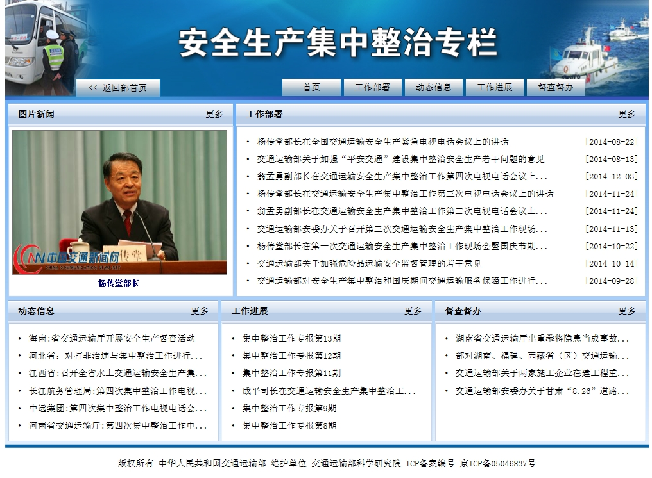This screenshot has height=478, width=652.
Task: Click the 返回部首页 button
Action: [118, 88]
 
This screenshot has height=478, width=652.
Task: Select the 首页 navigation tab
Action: [311, 87]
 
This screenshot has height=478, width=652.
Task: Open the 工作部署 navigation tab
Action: [373, 87]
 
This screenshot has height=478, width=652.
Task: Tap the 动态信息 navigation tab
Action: [434, 87]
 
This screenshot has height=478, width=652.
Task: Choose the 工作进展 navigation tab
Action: [494, 87]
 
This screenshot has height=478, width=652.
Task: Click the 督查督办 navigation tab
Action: [556, 87]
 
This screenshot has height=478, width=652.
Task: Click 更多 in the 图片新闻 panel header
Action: [214, 114]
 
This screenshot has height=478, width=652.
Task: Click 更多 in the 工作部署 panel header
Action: [627, 114]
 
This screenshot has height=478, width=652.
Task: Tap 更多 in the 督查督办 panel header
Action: [627, 311]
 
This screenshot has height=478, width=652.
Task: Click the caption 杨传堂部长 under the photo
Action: [119, 284]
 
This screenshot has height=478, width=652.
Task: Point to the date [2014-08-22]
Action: [611, 142]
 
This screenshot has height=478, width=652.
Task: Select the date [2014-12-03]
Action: [611, 176]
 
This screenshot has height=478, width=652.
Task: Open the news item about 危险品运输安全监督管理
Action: [369, 264]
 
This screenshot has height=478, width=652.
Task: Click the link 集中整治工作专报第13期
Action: [291, 338]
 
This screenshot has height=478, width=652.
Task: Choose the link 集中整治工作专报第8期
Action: [289, 425]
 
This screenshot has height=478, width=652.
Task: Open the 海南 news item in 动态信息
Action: [112, 338]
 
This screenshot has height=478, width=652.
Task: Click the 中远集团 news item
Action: [117, 408]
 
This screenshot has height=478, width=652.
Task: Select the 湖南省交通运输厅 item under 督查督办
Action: [542, 338]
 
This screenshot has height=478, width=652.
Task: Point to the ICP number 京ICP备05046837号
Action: [498, 463]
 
